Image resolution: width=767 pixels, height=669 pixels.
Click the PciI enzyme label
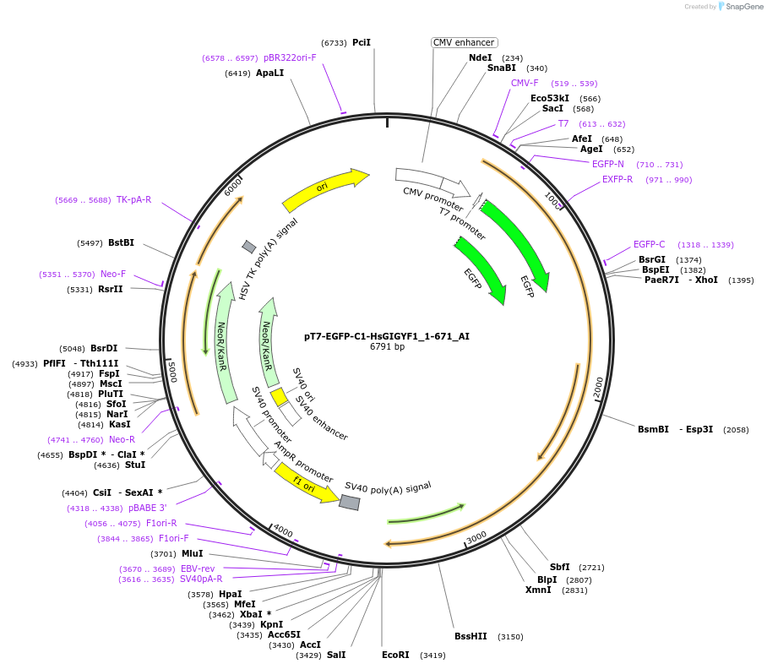pos(362,42)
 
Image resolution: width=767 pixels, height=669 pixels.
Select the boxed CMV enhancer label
pos(464,42)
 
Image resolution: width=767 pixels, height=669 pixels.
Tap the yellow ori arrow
pos(325,190)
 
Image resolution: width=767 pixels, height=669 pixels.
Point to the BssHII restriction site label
pos(471,636)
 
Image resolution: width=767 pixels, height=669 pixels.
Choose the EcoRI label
pos(395,655)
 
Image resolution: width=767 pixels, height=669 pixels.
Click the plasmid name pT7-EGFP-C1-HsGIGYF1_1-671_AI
pos(387,335)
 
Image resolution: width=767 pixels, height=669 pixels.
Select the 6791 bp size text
pos(387,346)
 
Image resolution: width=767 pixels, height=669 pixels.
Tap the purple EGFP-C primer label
pos(650,245)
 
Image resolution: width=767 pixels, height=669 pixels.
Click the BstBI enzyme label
pos(121,242)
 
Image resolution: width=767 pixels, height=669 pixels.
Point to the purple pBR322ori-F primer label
pos(290,57)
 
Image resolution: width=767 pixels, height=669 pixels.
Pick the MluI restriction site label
pos(193,553)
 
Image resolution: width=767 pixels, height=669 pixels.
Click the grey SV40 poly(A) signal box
pos(350,502)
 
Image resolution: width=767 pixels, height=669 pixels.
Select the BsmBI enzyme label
pos(653,429)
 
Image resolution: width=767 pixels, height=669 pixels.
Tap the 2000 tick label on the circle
pos(597,387)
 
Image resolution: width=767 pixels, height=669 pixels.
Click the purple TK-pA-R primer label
pos(133,199)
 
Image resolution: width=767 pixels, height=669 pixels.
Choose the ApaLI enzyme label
pos(270,73)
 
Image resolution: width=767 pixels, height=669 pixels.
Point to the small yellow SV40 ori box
pos(279,397)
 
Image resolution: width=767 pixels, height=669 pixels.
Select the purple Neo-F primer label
pos(113,274)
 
